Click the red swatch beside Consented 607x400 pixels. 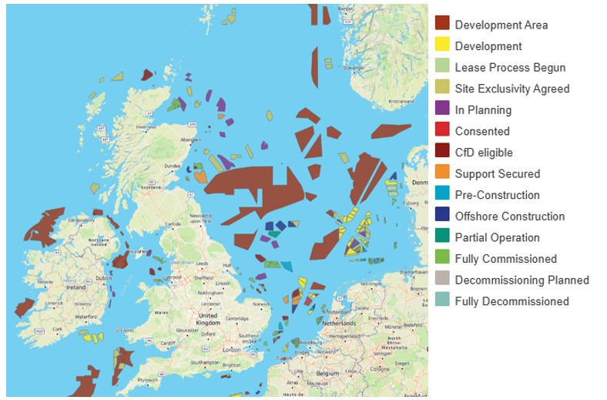pos(442,131)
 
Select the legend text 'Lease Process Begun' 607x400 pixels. pos(510,67)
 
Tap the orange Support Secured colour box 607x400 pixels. pos(442,173)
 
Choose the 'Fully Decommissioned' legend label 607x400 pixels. pos(511,301)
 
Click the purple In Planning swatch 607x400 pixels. pos(442,109)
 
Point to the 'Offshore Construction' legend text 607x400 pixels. pos(509,216)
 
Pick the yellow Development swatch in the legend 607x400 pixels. pos(442,45)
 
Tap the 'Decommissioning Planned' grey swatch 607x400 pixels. pos(442,280)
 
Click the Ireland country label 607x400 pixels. pos(76,287)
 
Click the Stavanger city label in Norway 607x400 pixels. pos(355,68)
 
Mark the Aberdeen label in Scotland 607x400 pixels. pos(187,139)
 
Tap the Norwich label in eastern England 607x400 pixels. pos(262,303)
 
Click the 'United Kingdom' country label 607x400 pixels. pos(209,320)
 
